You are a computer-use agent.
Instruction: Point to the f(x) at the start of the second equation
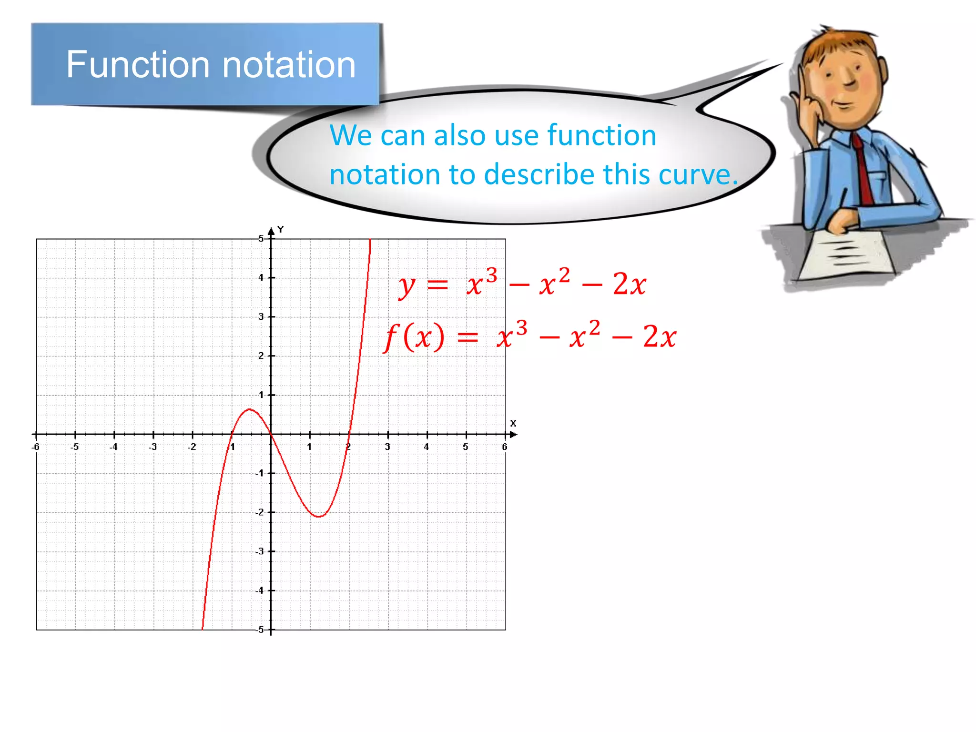[414, 336]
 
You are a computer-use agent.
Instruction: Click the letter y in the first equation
[407, 286]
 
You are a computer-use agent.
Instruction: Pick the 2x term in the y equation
[629, 285]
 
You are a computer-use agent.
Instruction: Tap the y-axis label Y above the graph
[281, 230]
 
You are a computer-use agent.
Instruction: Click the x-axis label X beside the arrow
[513, 423]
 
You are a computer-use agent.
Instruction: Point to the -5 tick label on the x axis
[74, 447]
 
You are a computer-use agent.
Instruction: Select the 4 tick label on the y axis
[261, 277]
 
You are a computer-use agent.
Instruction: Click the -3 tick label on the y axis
[259, 551]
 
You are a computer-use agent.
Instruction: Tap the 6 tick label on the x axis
[505, 447]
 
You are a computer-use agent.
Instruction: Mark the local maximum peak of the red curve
[249, 409]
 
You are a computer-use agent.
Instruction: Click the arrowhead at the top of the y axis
[271, 231]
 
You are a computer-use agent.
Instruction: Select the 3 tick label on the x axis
[387, 447]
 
